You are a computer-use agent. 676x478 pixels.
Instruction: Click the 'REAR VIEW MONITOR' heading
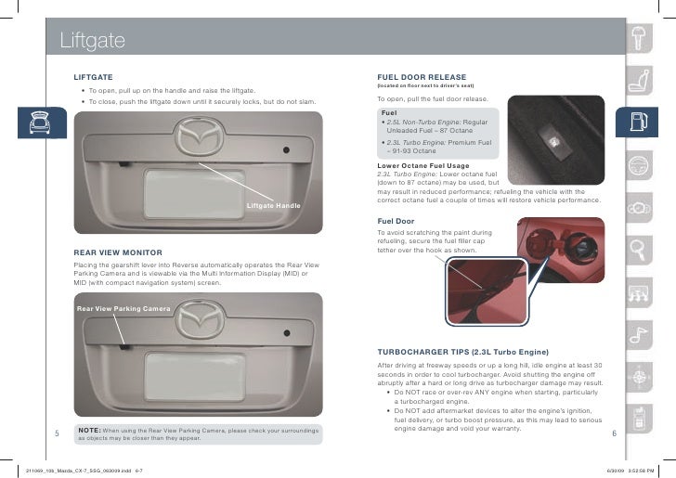(118, 252)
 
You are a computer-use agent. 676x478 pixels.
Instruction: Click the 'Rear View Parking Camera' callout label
(123, 308)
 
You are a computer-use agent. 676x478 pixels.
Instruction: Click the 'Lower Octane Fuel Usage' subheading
(421, 165)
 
